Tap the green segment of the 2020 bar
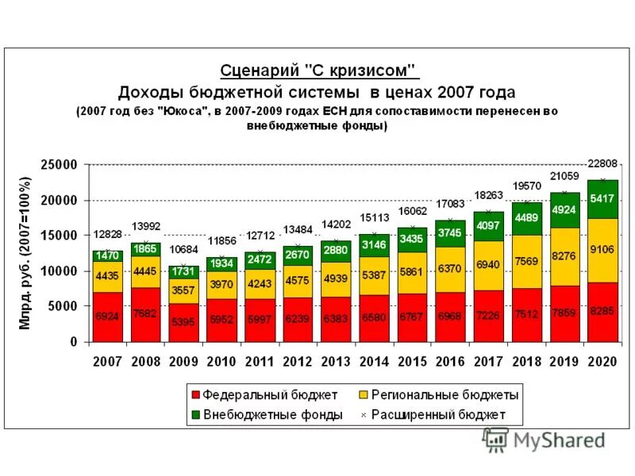pyautogui.click(x=602, y=198)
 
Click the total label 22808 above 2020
pyautogui.click(x=602, y=164)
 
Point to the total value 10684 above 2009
pyautogui.click(x=183, y=251)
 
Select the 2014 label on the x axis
pyautogui.click(x=374, y=362)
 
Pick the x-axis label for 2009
pyautogui.click(x=183, y=362)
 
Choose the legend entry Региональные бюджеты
pyautogui.click(x=437, y=394)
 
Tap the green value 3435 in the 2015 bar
pyautogui.click(x=412, y=239)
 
